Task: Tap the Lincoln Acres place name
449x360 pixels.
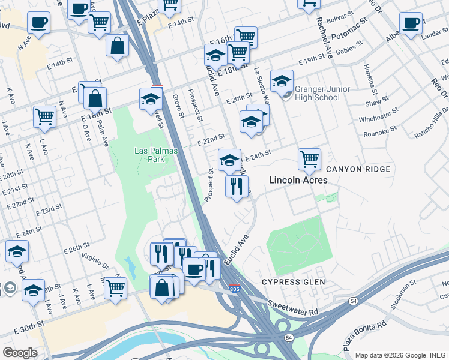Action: coord(298,180)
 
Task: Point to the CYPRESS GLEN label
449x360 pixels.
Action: coord(294,282)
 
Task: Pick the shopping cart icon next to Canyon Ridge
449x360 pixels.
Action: coord(309,160)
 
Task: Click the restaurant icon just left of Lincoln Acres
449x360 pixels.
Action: coord(237,186)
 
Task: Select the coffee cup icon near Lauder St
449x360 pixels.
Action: coord(411,23)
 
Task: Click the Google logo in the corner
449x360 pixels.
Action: coord(20,353)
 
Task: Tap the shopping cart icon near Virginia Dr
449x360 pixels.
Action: coord(115,288)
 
